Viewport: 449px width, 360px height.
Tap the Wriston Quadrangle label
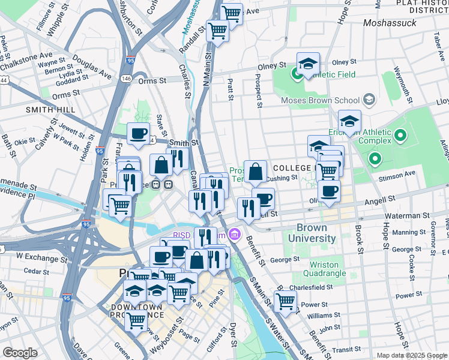coord(328,269)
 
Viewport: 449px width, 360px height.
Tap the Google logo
coord(20,352)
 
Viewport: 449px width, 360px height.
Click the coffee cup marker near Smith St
coord(139,133)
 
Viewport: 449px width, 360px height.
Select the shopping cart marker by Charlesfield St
coord(285,301)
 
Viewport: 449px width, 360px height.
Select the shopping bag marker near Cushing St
coord(255,171)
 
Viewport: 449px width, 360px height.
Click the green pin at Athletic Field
coord(297,74)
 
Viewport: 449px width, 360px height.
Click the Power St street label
coord(410,295)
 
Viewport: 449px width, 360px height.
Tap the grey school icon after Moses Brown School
coord(369,98)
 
